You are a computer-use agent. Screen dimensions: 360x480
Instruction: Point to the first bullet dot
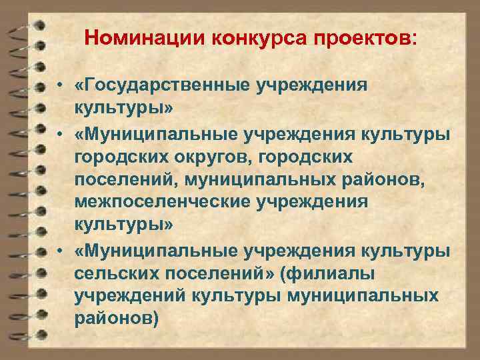pos(60,86)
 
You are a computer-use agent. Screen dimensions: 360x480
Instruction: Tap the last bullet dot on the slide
pos(60,253)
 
